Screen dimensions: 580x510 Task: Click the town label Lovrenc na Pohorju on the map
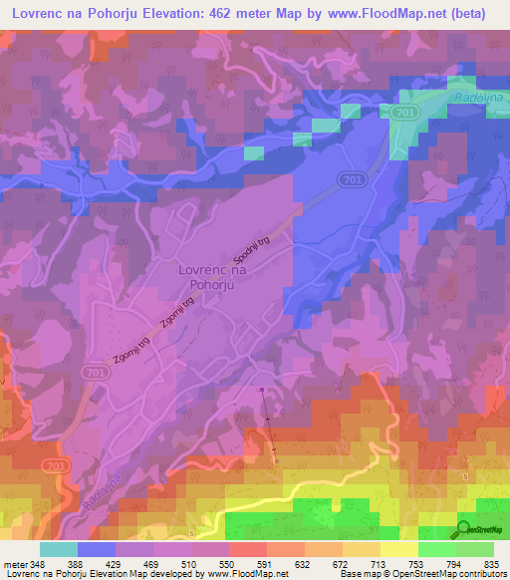pyautogui.click(x=211, y=276)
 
